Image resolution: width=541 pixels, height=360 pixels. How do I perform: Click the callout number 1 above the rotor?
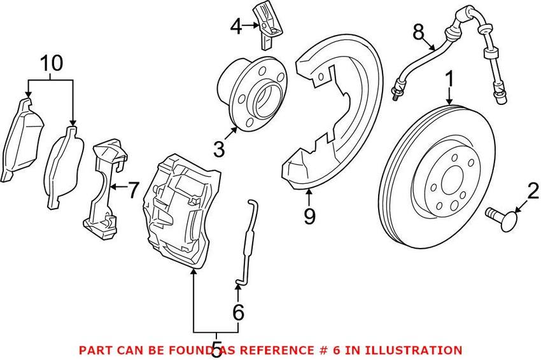(449, 80)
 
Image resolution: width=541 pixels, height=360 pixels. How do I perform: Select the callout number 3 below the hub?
(219, 149)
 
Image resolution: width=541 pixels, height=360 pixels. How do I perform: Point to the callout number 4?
(236, 27)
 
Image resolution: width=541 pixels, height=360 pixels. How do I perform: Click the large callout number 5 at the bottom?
(216, 349)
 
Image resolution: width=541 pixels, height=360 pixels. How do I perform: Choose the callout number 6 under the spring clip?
(238, 312)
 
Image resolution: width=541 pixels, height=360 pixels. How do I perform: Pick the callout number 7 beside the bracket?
(132, 190)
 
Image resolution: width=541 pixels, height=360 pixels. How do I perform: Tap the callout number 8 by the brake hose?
(418, 30)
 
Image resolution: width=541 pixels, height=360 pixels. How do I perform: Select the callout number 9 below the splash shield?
(309, 217)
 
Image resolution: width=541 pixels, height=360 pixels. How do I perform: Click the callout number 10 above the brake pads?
(52, 62)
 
